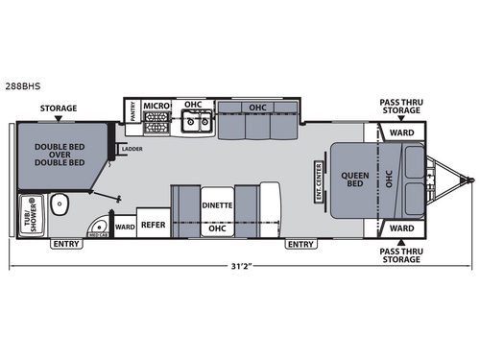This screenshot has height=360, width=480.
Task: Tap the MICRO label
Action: [x=155, y=105]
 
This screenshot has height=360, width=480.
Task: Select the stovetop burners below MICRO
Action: [x=156, y=123]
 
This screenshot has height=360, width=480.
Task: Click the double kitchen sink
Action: [x=197, y=122]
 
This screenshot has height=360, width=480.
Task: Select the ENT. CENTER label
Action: [x=319, y=179]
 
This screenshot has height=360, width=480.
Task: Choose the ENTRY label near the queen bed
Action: [x=300, y=244]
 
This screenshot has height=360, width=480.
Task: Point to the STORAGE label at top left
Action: [x=58, y=109]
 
